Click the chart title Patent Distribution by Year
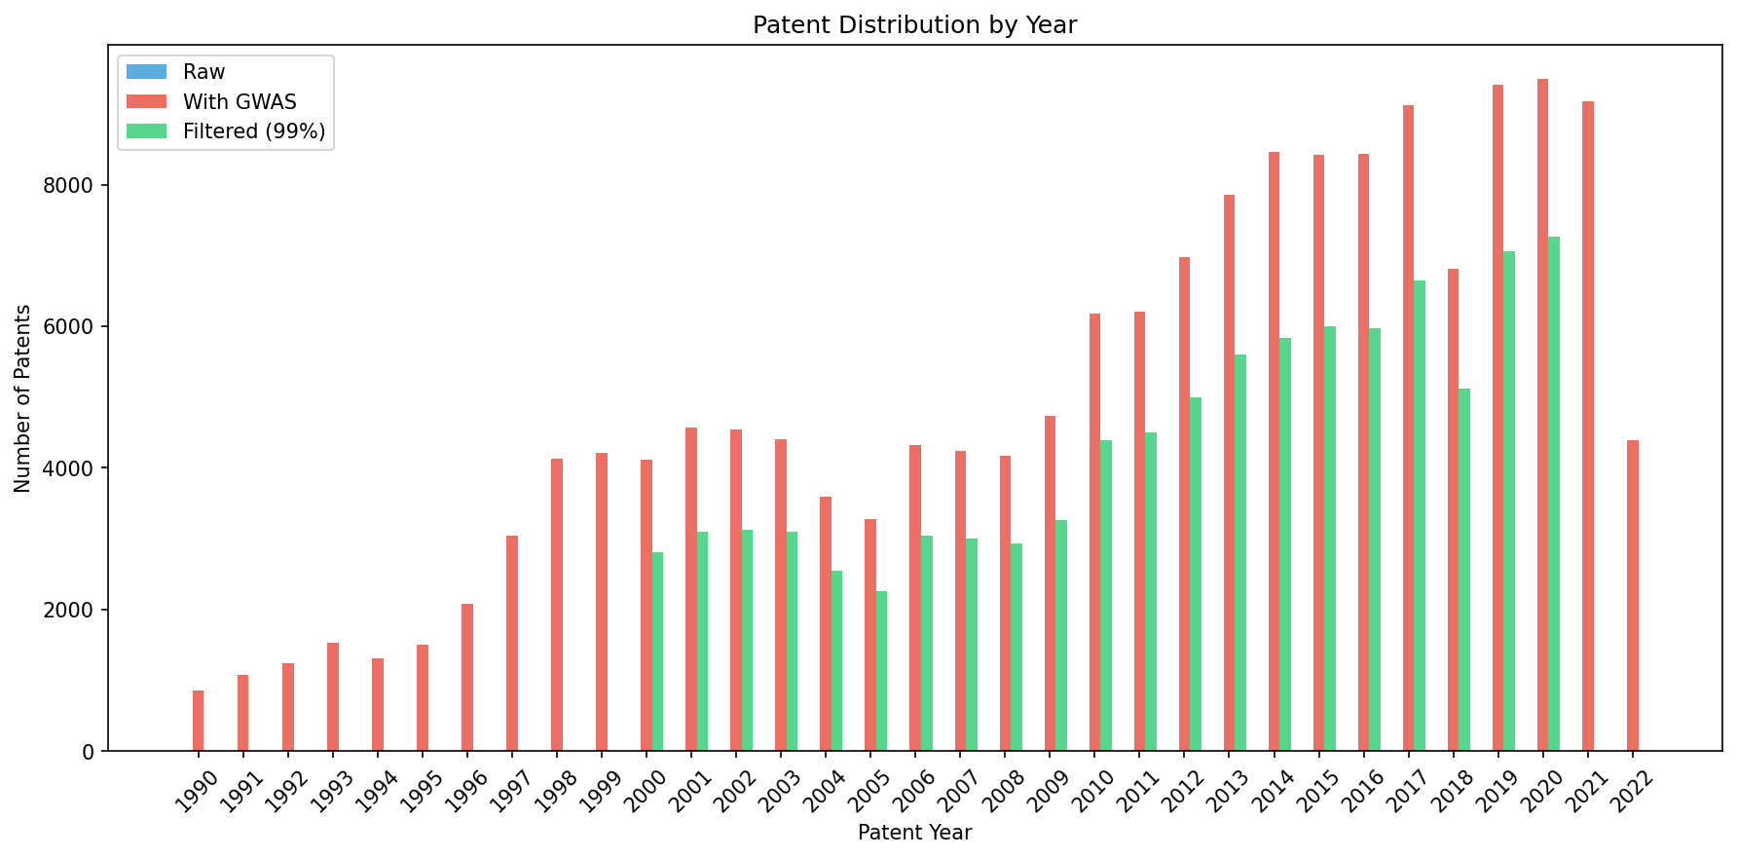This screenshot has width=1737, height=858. (914, 25)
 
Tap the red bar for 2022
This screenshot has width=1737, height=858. (1632, 595)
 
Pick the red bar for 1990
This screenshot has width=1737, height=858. (199, 721)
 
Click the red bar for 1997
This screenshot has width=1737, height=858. (512, 643)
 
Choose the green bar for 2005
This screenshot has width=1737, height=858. (881, 671)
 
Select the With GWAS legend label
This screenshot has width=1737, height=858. (239, 102)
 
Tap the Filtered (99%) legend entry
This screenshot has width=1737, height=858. (253, 131)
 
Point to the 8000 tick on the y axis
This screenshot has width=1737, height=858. (76, 186)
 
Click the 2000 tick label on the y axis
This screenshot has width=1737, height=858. (76, 611)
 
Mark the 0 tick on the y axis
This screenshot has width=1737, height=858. (89, 752)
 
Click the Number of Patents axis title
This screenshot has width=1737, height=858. (23, 398)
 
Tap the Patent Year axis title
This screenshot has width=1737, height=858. (914, 834)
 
